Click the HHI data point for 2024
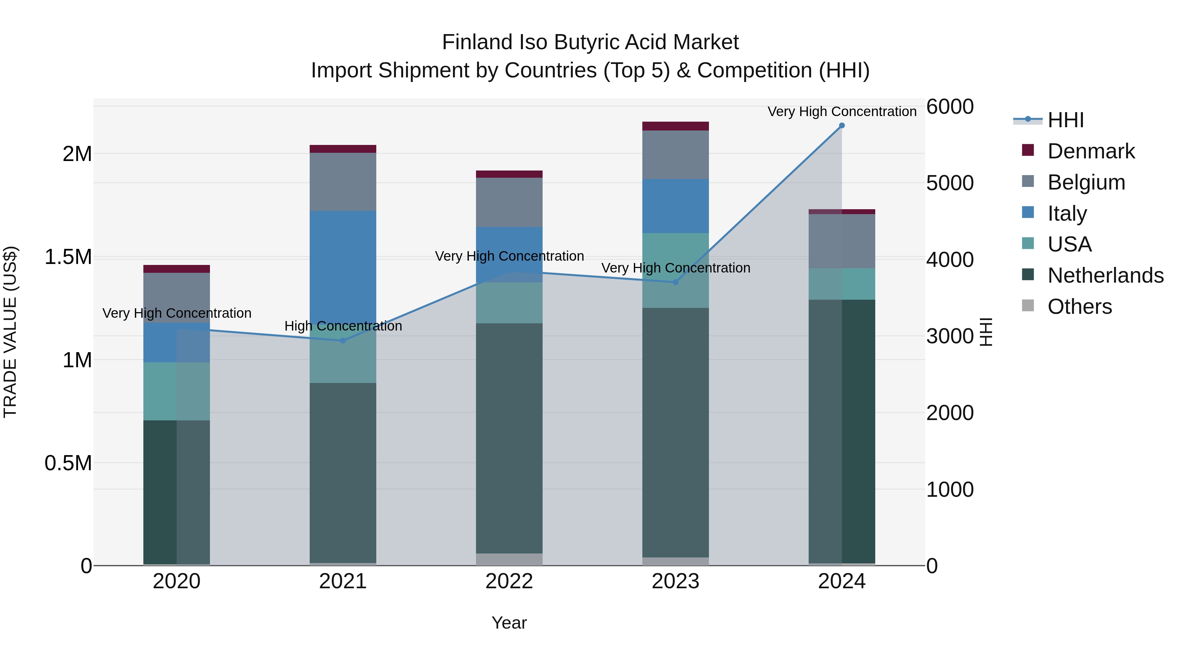coord(842,126)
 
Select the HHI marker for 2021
coord(343,340)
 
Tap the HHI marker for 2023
coord(675,282)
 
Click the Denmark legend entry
coord(1091,151)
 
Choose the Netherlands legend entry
coord(1105,275)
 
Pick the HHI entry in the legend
coord(1066,120)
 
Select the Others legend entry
coord(1079,307)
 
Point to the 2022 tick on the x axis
coord(509,581)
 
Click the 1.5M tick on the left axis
coord(68,257)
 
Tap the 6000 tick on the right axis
coord(949,107)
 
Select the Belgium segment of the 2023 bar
coord(675,155)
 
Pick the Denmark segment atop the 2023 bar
coord(675,126)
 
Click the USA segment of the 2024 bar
coord(842,284)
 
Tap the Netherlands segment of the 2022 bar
coord(509,438)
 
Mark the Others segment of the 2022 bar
coord(509,559)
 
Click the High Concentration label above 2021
coord(343,326)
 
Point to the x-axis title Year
coord(509,623)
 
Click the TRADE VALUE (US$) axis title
coord(10,332)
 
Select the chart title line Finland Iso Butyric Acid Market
coord(590,42)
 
